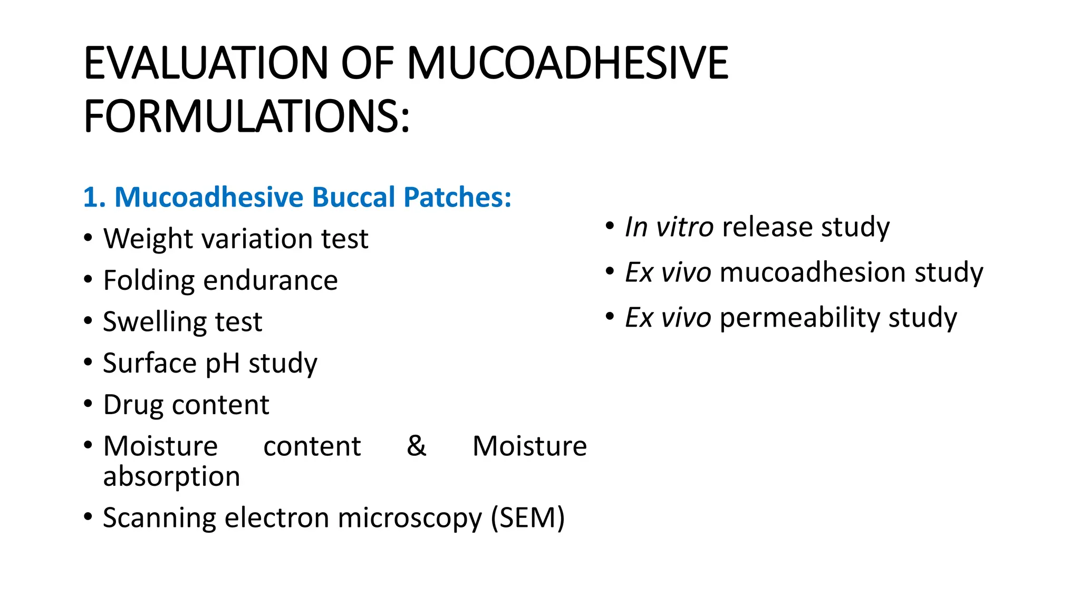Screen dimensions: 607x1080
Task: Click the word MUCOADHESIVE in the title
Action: [567, 63]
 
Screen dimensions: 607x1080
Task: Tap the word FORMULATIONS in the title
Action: [246, 116]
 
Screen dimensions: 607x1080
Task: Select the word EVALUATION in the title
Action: [206, 63]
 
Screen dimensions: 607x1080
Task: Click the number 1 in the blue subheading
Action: [91, 198]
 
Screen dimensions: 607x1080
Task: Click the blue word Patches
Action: [457, 198]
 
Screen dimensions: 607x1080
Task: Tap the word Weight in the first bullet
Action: [149, 239]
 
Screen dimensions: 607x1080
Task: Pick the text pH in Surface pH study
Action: [222, 364]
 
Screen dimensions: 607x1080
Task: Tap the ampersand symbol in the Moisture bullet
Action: [416, 446]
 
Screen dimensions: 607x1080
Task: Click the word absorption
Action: [171, 476]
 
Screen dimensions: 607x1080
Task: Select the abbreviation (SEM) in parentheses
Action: [527, 517]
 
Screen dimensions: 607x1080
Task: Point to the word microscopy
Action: [410, 518]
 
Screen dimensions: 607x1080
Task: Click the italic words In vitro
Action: [669, 227]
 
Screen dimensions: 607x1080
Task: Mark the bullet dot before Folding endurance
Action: [88, 279]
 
